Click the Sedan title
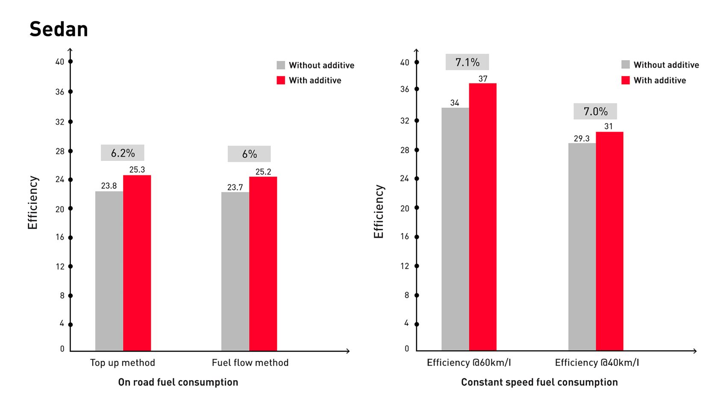[59, 30]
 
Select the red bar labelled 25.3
[137, 263]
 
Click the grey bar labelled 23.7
[235, 272]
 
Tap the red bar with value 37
[483, 217]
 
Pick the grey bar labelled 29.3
[582, 247]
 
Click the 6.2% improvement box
[123, 153]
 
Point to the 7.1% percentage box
[467, 62]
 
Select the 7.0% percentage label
[595, 112]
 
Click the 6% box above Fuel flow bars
[249, 154]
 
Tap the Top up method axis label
[123, 363]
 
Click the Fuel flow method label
[250, 363]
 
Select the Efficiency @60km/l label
[469, 363]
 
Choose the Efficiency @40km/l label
[597, 363]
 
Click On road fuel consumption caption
[178, 382]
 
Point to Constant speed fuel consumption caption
[539, 382]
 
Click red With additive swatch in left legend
[281, 80]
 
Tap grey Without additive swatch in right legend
[625, 65]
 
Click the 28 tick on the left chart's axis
[71, 151]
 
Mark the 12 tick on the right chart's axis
[417, 266]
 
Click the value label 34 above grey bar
[455, 103]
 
